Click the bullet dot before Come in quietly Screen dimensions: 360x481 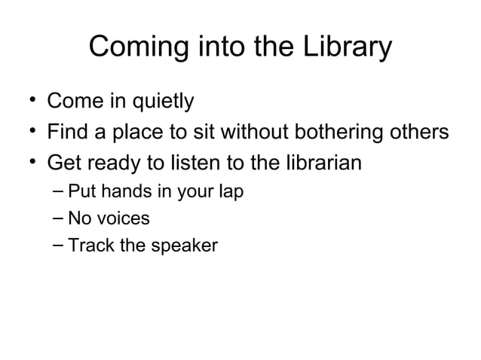pyautogui.click(x=26, y=99)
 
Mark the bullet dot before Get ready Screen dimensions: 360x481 pyautogui.click(x=26, y=160)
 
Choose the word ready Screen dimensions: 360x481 pyautogui.click(x=118, y=163)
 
